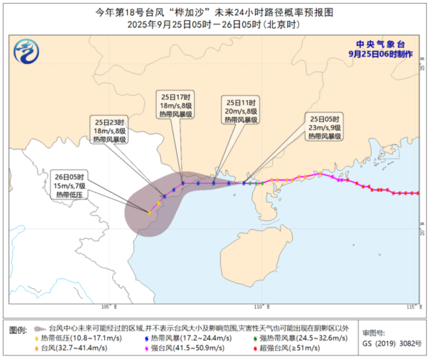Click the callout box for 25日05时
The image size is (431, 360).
click(x=324, y=126)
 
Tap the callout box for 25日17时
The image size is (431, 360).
click(x=175, y=106)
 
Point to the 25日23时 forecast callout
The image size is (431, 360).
click(x=110, y=130)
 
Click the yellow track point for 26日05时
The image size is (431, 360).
click(x=149, y=212)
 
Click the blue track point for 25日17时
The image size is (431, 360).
click(x=183, y=183)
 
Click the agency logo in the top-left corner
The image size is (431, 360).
click(x=27, y=52)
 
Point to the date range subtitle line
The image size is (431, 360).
click(x=215, y=25)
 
